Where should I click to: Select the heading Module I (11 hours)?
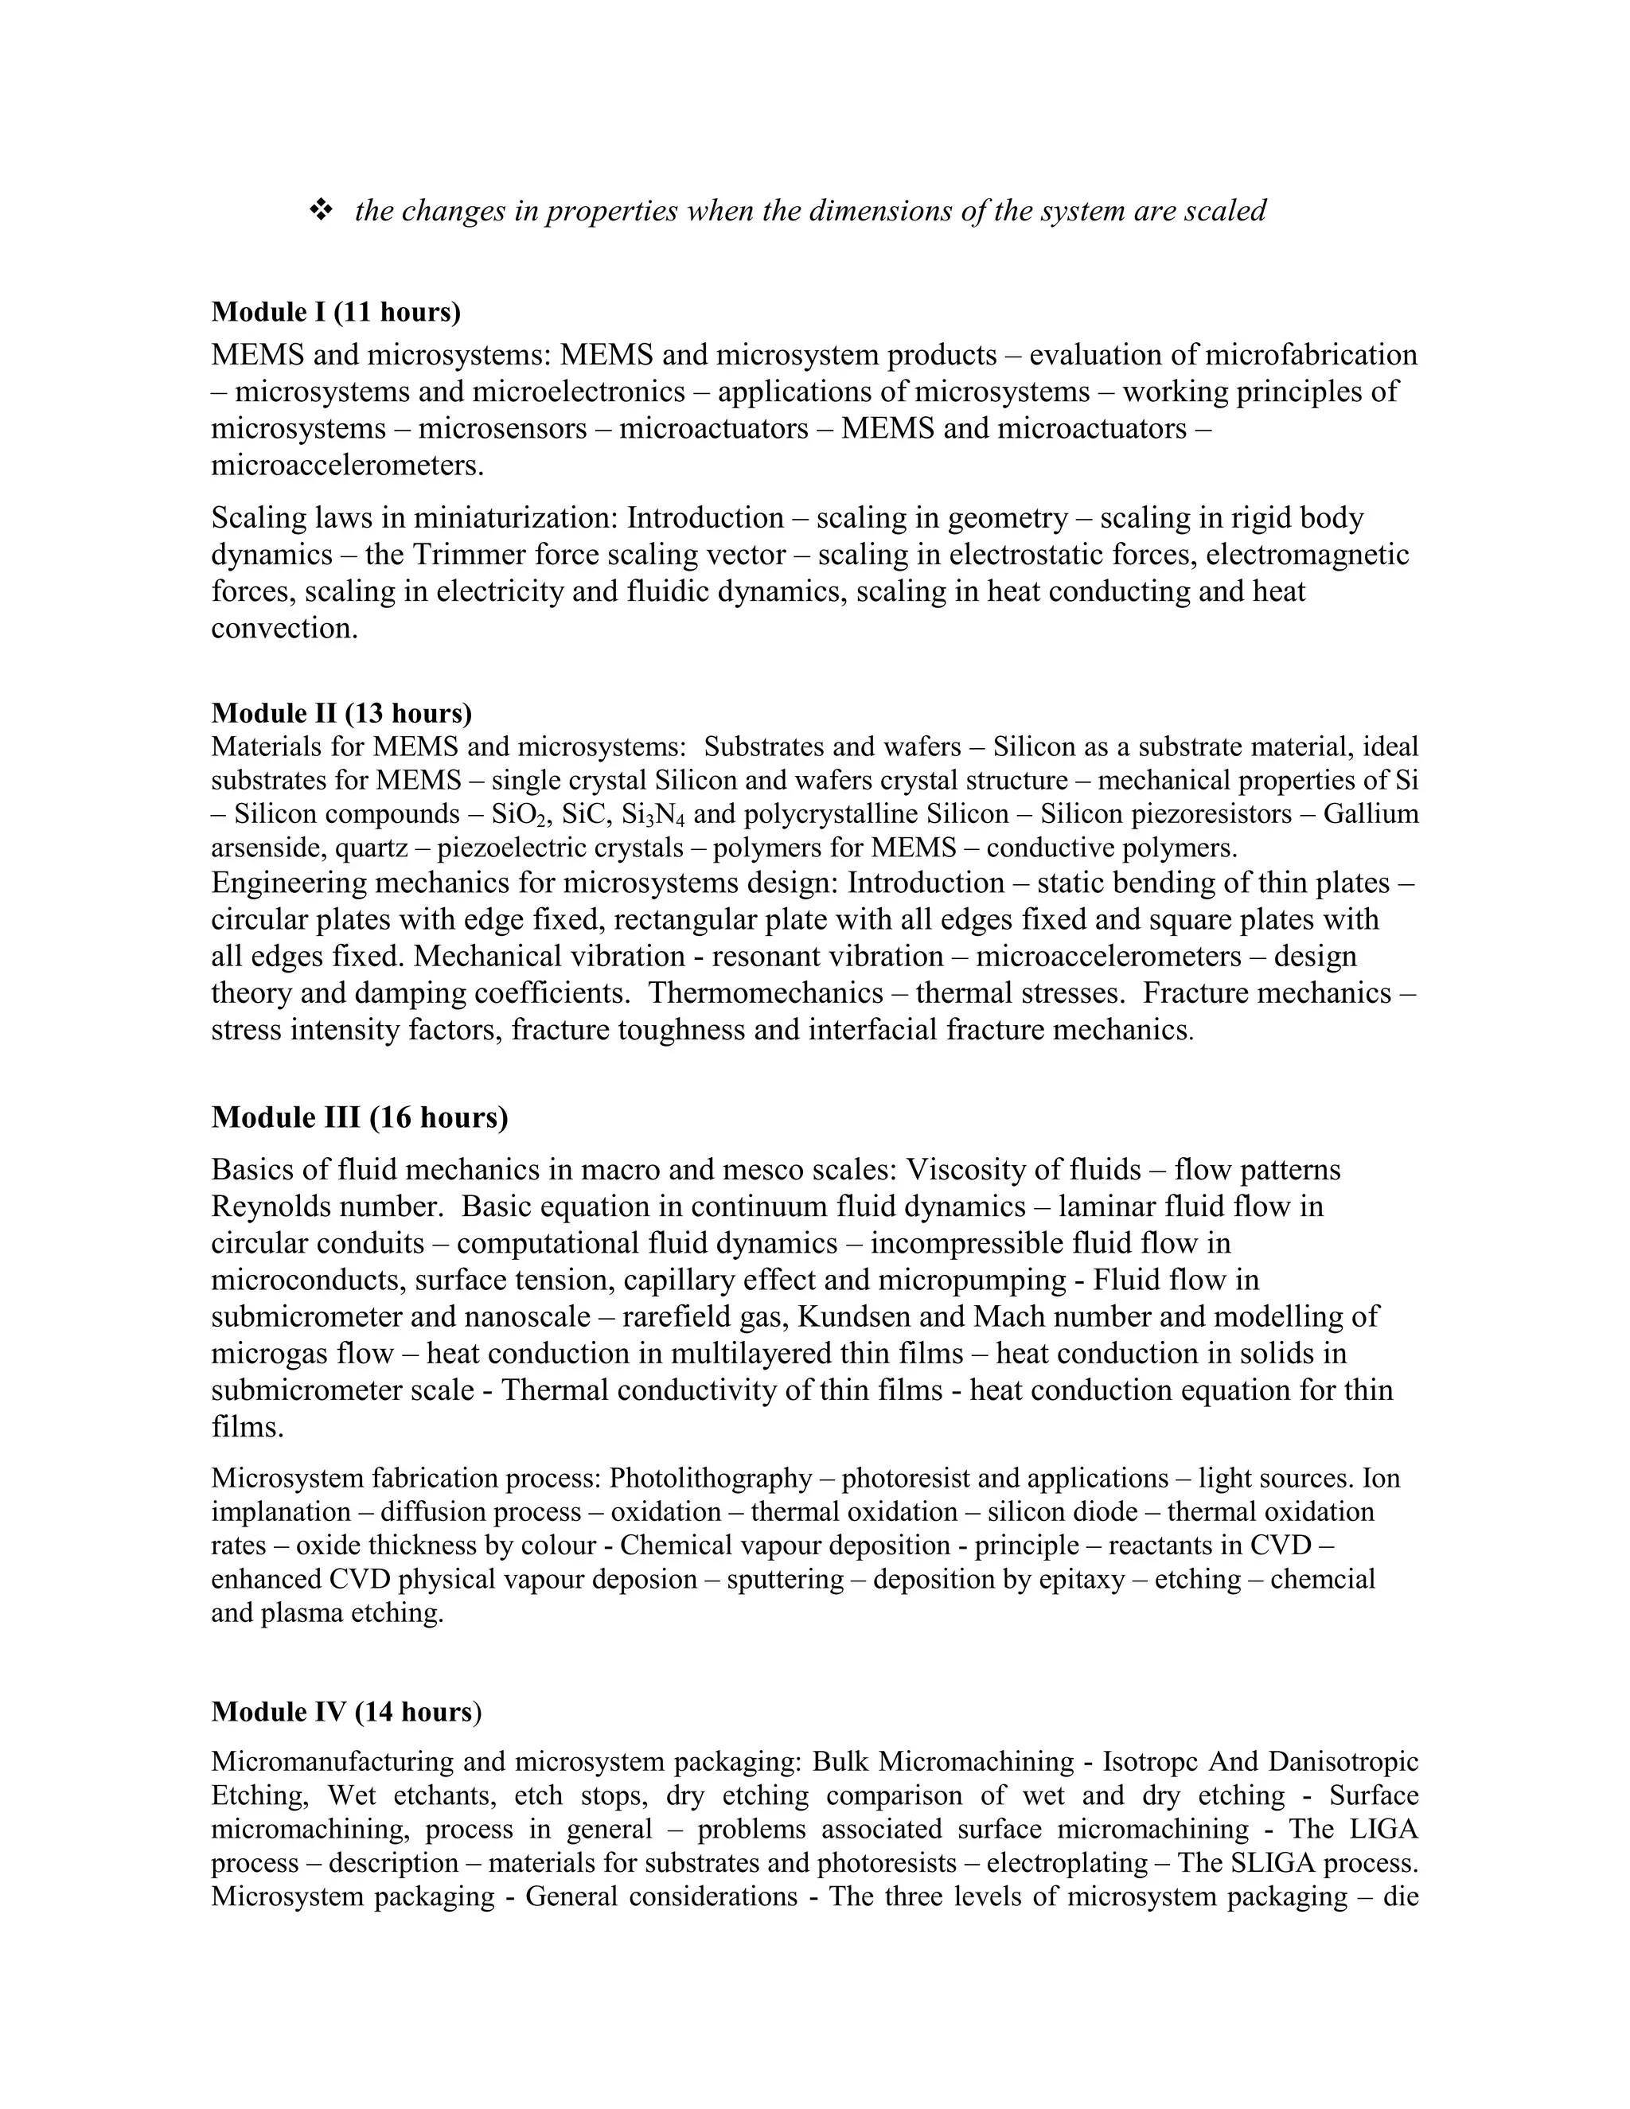coord(336,312)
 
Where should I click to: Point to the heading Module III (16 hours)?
coord(359,1117)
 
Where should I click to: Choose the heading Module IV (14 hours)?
coord(345,1712)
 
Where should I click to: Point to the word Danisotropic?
coord(1343,1762)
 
